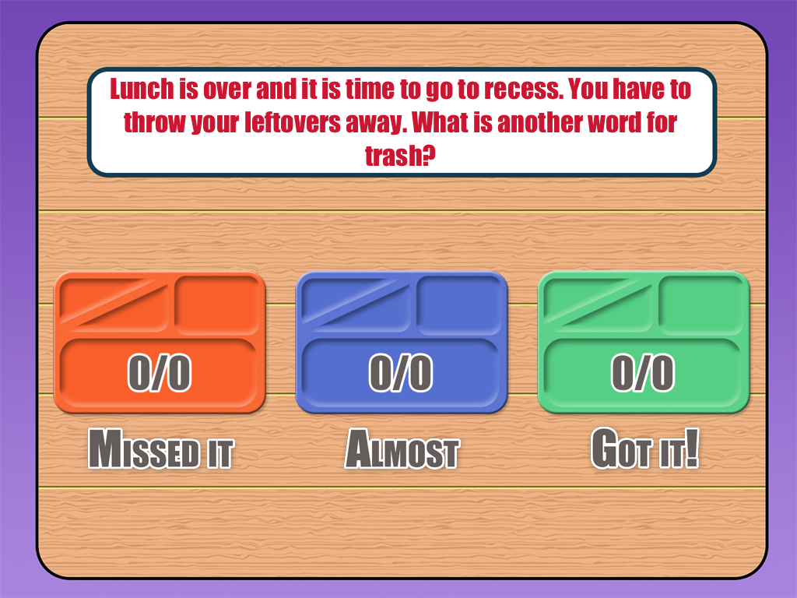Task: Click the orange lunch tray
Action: coord(160,343)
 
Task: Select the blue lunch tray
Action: coord(402,343)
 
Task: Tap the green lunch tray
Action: coord(644,343)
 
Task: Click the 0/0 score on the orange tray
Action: coord(160,374)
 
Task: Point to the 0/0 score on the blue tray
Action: coord(401,374)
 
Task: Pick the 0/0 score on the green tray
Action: coord(643,374)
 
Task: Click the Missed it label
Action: coord(160,449)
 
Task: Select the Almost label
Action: coord(402,450)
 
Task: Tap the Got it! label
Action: coord(644,449)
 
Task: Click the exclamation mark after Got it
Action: coord(692,449)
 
